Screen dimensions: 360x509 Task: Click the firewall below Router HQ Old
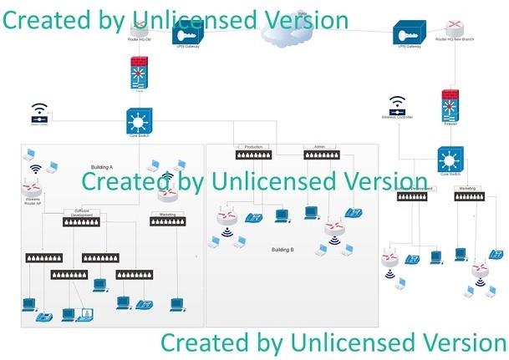pyautogui.click(x=139, y=73)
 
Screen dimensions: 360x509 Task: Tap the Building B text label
pyautogui.click(x=282, y=249)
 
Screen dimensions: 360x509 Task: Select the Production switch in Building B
pyautogui.click(x=252, y=155)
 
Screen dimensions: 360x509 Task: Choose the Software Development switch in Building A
pyautogui.click(x=84, y=221)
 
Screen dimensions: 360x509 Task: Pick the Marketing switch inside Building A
pyautogui.click(x=167, y=221)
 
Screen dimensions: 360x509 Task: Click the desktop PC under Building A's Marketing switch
pyautogui.click(x=176, y=304)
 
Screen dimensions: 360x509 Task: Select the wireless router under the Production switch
pyautogui.click(x=227, y=218)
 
